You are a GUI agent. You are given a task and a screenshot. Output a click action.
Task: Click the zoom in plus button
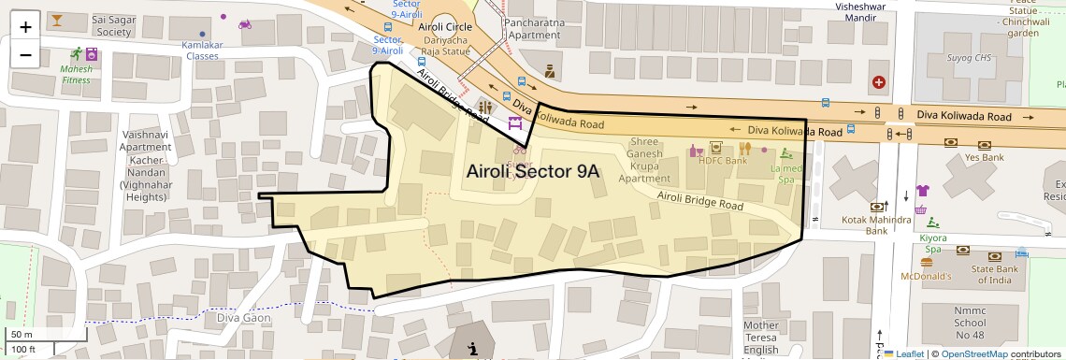25,26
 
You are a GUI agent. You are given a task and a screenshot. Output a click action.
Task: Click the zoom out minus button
25,54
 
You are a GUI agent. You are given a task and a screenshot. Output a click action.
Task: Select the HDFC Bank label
722,161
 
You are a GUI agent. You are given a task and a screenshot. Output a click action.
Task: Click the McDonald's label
925,277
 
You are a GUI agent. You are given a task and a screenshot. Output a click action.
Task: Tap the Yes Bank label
984,158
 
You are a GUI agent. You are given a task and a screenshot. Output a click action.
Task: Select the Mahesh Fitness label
77,74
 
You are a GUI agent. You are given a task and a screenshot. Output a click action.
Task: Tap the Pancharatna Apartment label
531,28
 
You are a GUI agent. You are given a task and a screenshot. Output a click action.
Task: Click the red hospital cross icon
878,82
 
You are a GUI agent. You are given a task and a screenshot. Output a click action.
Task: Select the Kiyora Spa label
932,244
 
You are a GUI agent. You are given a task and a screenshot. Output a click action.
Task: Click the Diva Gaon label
243,318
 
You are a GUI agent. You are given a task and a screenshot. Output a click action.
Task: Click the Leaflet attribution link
907,353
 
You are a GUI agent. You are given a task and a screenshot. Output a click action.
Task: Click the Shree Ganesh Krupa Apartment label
644,160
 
